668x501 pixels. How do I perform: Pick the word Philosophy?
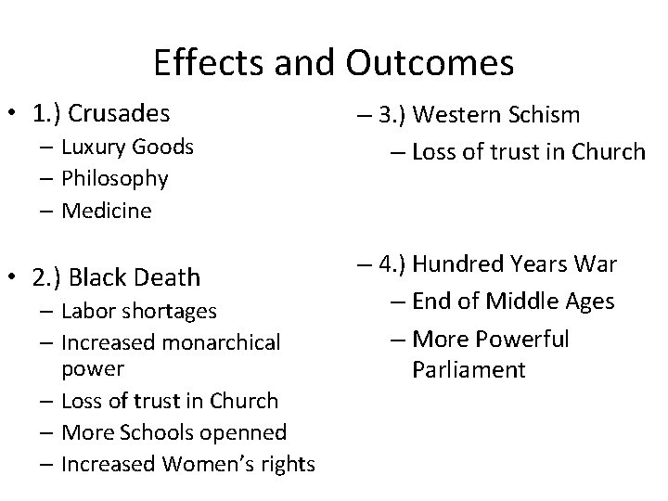114,178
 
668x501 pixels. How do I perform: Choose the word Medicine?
106,211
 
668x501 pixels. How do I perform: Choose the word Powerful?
524,339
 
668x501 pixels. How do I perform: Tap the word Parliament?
469,370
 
